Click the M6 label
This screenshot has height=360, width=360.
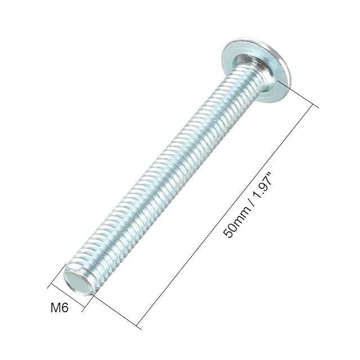[x=60, y=308]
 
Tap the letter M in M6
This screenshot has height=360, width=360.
[x=56, y=308]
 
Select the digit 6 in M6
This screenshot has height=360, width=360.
[x=65, y=308]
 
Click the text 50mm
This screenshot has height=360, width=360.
[x=236, y=221]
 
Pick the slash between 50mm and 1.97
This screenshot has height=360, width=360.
[x=253, y=202]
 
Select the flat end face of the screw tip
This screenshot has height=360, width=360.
[x=78, y=282]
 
